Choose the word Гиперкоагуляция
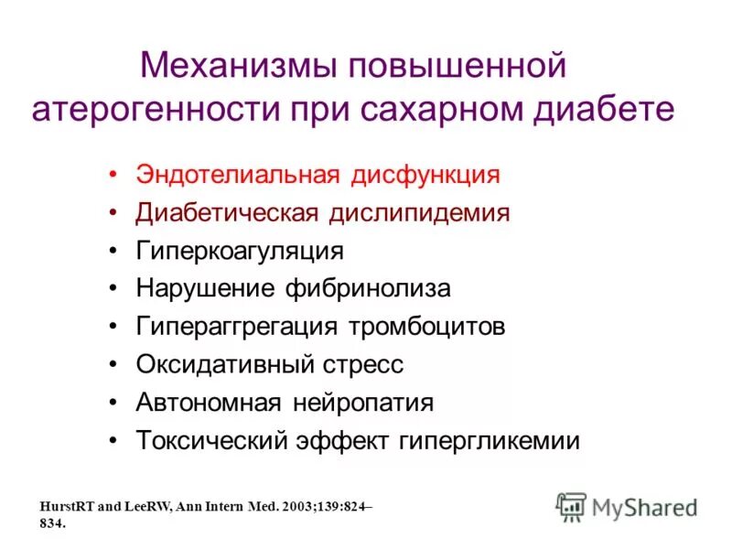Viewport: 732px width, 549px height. tap(240, 251)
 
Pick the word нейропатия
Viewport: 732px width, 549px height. tap(363, 403)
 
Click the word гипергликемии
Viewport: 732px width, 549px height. tap(490, 440)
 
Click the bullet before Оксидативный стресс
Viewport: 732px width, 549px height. tap(113, 364)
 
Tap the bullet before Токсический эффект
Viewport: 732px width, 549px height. tap(113, 440)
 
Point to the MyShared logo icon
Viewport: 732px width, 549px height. tap(572, 506)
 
